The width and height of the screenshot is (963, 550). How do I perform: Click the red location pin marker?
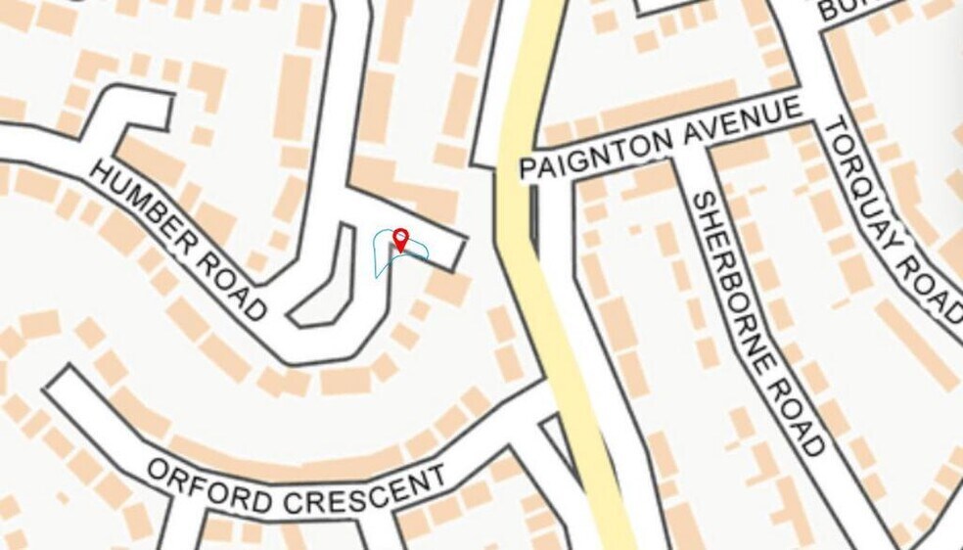pyautogui.click(x=400, y=240)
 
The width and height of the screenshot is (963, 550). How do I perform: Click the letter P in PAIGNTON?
pyautogui.click(x=527, y=167)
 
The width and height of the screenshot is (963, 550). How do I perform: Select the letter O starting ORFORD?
pyautogui.click(x=158, y=470)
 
